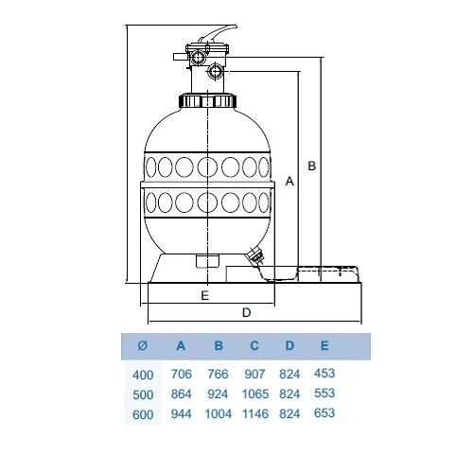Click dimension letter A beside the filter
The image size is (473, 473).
289,181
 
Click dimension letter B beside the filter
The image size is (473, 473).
311,166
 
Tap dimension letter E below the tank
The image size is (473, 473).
204,295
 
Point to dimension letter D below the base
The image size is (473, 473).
246,312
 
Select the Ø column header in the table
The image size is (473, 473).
143,345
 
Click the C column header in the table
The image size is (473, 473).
254,345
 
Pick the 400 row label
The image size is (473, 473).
143,375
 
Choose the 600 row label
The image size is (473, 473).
143,414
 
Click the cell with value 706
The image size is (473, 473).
182,374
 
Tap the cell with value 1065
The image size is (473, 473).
255,394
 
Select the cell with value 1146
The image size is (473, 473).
255,413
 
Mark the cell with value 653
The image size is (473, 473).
324,412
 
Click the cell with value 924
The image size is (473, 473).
218,394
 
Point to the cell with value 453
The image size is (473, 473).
324,373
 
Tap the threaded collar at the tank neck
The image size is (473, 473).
207,100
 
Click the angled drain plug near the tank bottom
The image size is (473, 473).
255,255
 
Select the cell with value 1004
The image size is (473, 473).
219,413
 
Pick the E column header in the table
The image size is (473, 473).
324,345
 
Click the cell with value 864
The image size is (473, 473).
182,394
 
